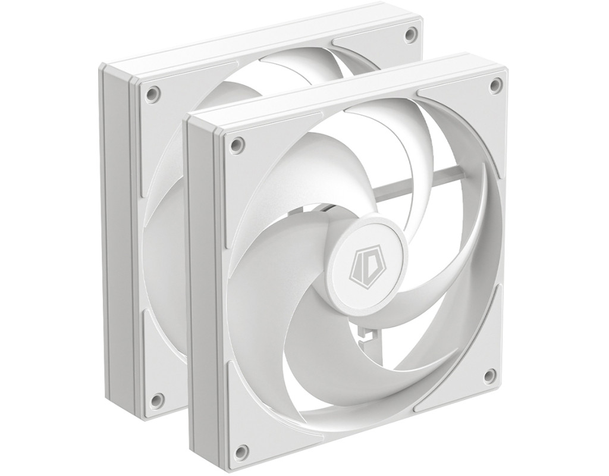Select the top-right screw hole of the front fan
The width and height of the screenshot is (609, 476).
pyautogui.click(x=495, y=84)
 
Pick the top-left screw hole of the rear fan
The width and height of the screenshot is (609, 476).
pyautogui.click(x=152, y=93)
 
